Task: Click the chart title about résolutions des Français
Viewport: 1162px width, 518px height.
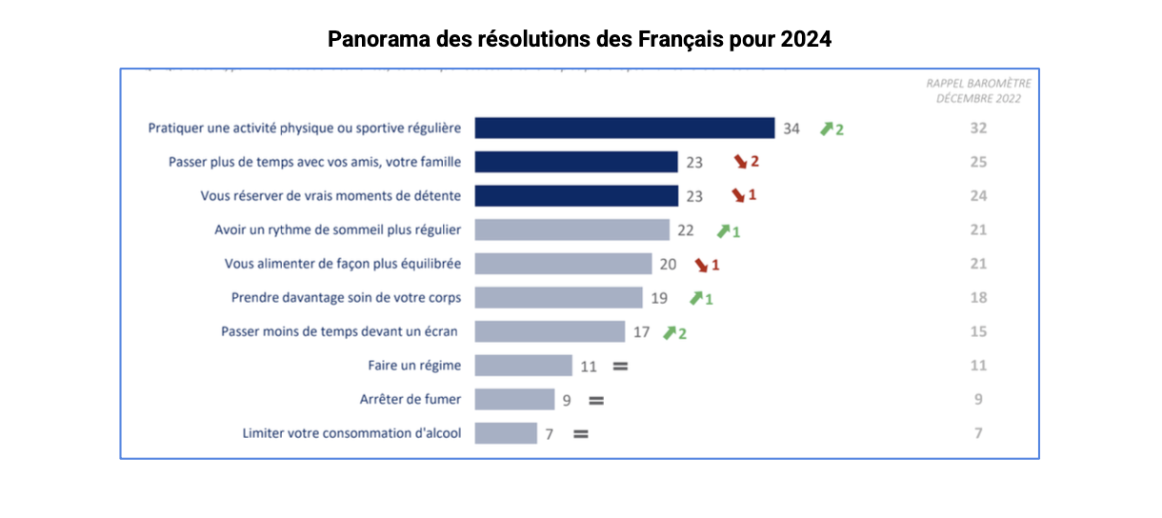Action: [580, 40]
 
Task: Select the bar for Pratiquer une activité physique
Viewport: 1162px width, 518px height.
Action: [624, 128]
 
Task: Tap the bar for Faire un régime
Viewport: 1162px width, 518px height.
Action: [523, 366]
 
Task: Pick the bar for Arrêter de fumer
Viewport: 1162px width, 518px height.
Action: [514, 400]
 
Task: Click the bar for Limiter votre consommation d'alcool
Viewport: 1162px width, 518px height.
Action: [506, 433]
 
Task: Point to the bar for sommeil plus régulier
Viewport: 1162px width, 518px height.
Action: [571, 229]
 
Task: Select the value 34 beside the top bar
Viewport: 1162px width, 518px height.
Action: [791, 129]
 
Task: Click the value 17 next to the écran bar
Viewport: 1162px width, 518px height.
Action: [642, 332]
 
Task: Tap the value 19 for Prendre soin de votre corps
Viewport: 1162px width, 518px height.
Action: [659, 298]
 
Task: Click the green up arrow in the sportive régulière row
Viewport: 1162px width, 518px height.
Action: [826, 129]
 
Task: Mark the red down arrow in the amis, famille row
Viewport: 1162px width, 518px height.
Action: [739, 162]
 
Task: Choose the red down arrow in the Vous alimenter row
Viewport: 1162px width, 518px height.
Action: [702, 264]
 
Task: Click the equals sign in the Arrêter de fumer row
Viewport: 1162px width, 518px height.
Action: [596, 401]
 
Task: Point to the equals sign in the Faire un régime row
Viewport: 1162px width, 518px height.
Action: [620, 366]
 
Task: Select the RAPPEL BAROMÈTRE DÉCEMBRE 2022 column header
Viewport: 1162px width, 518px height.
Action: [978, 90]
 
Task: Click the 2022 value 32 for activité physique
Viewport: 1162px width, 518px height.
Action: [978, 129]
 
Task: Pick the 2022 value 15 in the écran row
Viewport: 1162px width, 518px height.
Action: [978, 332]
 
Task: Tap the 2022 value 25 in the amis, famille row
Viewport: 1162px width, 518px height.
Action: [978, 162]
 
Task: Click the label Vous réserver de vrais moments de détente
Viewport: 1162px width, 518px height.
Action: [331, 196]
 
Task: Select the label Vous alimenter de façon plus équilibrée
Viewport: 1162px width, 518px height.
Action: [343, 264]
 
